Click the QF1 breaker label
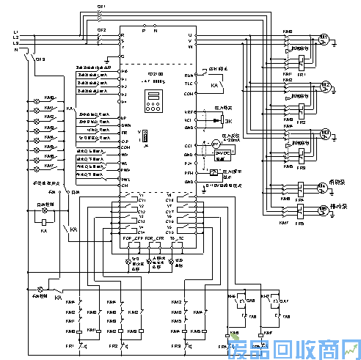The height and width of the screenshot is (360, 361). [101, 6]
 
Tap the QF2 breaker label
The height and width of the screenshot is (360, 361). [101, 30]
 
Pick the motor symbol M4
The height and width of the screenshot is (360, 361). [320, 188]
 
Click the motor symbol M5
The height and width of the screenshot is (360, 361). [320, 210]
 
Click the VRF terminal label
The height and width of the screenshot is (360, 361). [189, 112]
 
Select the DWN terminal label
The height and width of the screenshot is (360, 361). [123, 125]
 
